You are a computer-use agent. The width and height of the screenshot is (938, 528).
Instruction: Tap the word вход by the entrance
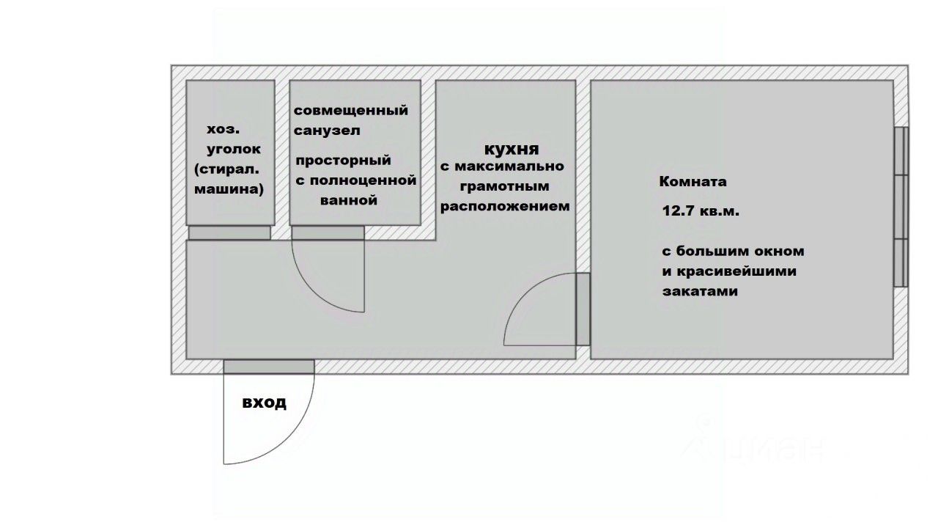(x=264, y=403)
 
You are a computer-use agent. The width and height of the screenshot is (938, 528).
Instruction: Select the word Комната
(x=693, y=182)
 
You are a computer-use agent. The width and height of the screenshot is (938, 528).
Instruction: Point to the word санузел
(x=326, y=131)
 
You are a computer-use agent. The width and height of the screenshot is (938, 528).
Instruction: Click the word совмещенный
(x=350, y=111)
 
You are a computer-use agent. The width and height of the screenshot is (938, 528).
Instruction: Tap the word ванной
(x=349, y=200)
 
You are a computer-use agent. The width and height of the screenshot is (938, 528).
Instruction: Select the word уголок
(x=233, y=149)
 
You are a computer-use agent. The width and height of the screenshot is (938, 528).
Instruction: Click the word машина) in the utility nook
(x=229, y=188)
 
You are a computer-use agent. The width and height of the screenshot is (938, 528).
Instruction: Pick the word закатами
(x=699, y=291)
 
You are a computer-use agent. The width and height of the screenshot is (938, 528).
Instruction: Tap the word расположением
(x=504, y=207)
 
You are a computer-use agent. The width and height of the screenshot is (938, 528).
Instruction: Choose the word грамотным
(x=504, y=186)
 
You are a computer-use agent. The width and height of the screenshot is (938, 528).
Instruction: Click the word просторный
(x=343, y=161)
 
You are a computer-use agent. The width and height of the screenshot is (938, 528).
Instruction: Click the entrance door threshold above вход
(x=269, y=367)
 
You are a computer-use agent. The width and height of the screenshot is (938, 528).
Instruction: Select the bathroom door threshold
(x=328, y=233)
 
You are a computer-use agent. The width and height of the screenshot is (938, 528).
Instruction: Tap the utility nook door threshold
(x=229, y=233)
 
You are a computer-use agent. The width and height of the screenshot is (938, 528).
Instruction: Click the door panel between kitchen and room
(x=583, y=309)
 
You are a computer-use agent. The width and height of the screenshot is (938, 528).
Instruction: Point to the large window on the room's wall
(x=901, y=207)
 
